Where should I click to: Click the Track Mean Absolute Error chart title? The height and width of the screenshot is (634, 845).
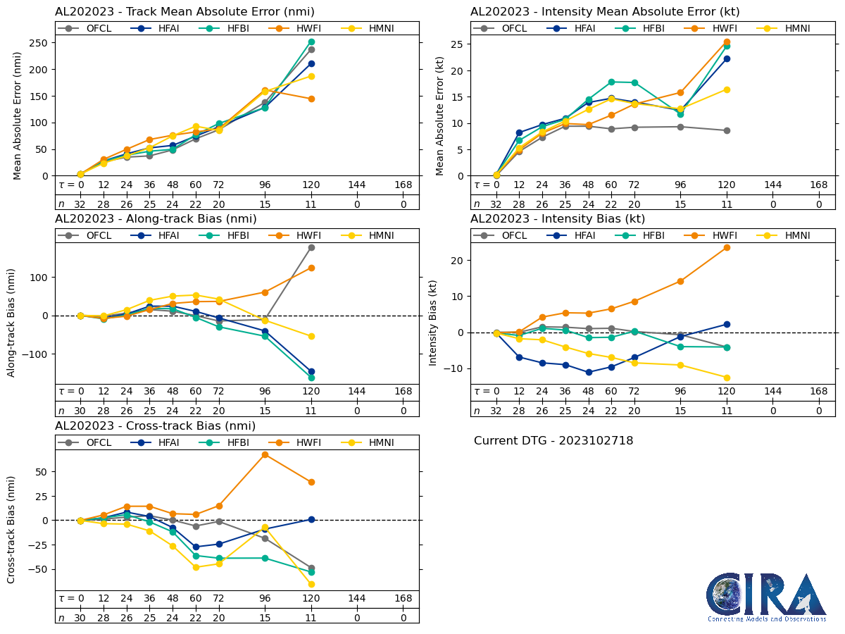184,11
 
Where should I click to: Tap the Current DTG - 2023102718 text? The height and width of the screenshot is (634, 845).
553,441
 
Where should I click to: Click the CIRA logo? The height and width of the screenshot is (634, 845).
767,597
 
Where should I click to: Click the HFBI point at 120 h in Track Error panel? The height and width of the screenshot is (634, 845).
311,42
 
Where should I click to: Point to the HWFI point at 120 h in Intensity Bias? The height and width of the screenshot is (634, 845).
727,247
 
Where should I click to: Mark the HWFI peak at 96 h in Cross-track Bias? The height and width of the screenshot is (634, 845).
265,454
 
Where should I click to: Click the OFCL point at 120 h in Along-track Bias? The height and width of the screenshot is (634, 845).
311,247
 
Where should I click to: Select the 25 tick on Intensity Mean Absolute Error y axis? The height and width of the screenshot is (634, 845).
458,44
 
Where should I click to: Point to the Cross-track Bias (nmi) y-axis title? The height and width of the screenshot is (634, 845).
12,520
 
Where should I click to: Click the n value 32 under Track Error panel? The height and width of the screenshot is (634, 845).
80,204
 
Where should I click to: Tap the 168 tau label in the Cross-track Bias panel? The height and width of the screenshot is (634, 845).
403,598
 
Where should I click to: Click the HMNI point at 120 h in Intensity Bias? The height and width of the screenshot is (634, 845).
727,378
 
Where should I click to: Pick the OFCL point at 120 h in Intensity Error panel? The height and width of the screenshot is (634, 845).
727,130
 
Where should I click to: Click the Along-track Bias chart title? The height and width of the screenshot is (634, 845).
156,219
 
